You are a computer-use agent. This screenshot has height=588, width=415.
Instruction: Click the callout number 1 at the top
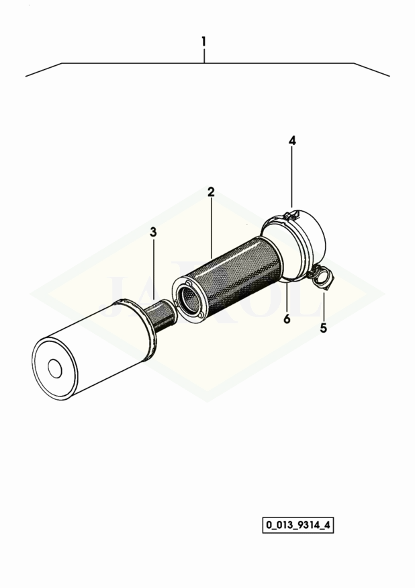coord(204,41)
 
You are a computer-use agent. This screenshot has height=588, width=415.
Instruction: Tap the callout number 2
coord(211,192)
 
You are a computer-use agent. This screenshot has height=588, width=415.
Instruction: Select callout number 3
coord(153,232)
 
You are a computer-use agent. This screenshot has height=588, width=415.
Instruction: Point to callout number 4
coord(292,141)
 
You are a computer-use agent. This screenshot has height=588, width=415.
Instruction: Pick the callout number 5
coord(323,328)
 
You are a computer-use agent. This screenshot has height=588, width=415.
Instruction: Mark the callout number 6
coord(287,319)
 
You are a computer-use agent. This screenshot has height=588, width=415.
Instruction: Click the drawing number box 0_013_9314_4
coord(297,525)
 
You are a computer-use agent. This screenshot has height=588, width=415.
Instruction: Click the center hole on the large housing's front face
coord(55,369)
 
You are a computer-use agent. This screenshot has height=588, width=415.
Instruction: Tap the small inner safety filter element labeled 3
coord(160,319)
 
